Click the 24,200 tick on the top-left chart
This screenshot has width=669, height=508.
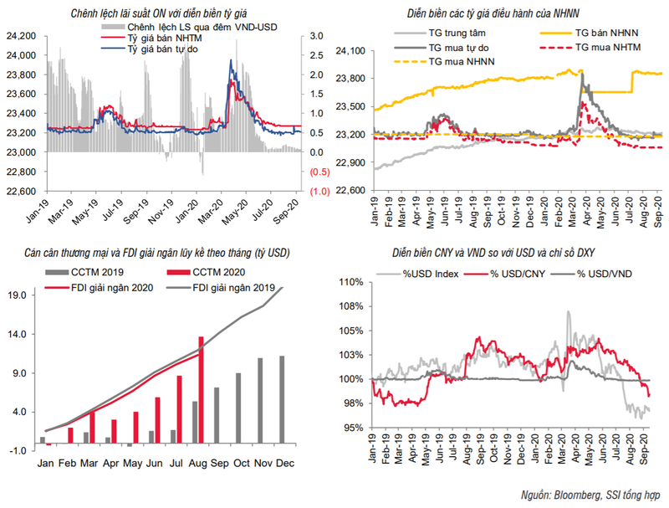tap(18, 36)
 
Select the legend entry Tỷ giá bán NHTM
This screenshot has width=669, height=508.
tap(161, 38)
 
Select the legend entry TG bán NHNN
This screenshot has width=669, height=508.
tap(588, 33)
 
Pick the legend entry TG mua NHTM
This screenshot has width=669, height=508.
tap(590, 48)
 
